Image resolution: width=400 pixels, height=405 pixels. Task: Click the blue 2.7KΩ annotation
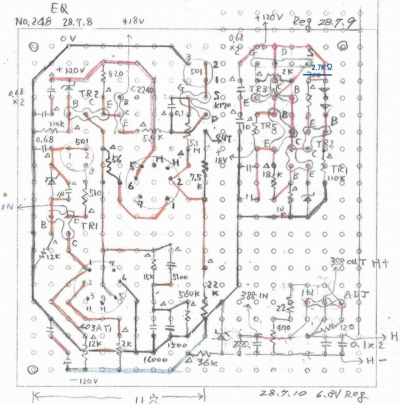pyautogui.click(x=322, y=67)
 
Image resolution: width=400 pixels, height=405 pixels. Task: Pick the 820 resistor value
pyautogui.click(x=114, y=74)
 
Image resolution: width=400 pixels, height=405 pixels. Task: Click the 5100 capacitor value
pyautogui.click(x=179, y=277)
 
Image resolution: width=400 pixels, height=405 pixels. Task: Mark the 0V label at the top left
pyautogui.click(x=67, y=39)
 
